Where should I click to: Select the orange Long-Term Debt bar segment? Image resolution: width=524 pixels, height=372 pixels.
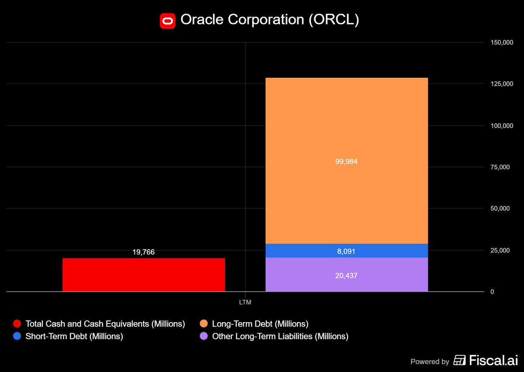coord(346,131)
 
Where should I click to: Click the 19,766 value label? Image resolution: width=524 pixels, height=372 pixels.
coord(144,252)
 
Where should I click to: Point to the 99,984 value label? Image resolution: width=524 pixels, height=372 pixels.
coord(346,161)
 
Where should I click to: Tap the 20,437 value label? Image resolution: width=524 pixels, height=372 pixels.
coord(346,275)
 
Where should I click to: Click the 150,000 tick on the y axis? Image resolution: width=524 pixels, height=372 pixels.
coord(500,42)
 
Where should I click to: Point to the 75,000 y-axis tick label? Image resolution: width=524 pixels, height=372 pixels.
coord(498,167)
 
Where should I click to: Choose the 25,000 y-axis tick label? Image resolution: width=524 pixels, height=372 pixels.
coord(498,250)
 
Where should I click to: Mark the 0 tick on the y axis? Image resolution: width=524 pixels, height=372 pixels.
coord(492,292)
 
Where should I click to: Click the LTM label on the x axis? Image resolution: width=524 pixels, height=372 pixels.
coord(245,302)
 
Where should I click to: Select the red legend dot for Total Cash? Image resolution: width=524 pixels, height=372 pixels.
coord(17,324)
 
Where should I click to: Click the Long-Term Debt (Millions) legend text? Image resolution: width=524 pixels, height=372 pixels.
coord(260,324)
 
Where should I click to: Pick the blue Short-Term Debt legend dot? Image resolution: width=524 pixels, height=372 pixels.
coord(17,336)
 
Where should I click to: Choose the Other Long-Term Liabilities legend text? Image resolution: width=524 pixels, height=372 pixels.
coord(280,336)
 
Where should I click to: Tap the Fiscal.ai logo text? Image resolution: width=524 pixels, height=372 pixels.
coord(493,361)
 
